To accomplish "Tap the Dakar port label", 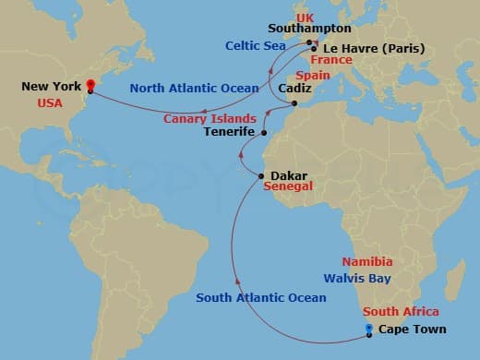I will pyautogui.click(x=289, y=174).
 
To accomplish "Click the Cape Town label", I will pyautogui.click(x=413, y=330).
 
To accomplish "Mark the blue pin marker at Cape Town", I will pyautogui.click(x=368, y=329).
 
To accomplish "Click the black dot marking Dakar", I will pyautogui.click(x=262, y=175).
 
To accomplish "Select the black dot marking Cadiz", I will pyautogui.click(x=294, y=103).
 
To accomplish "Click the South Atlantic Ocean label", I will pyautogui.click(x=261, y=297).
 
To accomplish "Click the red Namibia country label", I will pyautogui.click(x=366, y=262).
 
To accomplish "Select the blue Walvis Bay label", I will pyautogui.click(x=357, y=278).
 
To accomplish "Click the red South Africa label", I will pyautogui.click(x=401, y=312).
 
